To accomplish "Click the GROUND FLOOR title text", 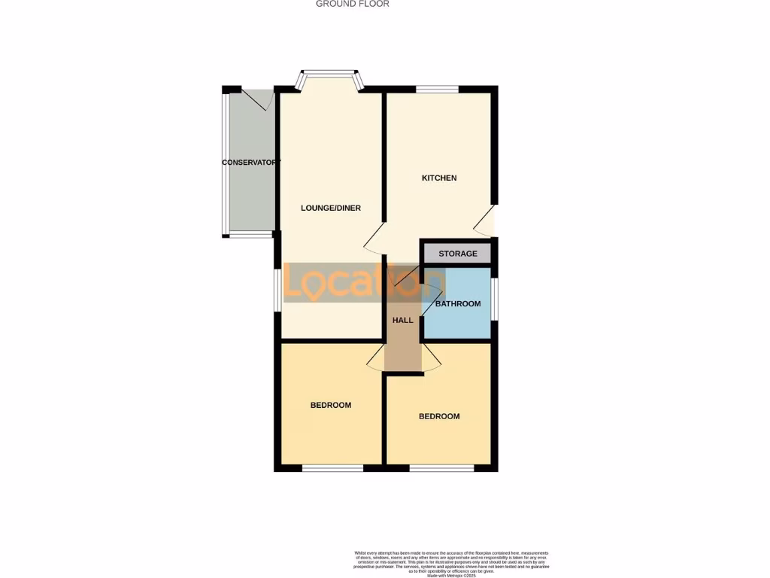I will click(352, 4).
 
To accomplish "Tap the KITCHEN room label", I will click(439, 178).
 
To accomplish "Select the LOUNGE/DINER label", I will click(331, 208).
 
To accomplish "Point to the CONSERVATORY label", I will click(251, 163).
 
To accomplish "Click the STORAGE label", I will click(458, 254).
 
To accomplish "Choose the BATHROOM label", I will click(458, 304).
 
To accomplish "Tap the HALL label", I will click(403, 320).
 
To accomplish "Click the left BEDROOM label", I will click(331, 405).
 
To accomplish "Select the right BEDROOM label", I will click(439, 416).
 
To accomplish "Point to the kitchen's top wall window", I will click(438, 90).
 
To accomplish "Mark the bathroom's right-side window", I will click(494, 299).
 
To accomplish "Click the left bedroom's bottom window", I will click(332, 469).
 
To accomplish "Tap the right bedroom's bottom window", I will click(441, 469).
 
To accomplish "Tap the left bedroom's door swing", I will click(376, 358).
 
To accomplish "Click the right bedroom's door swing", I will click(431, 358).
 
